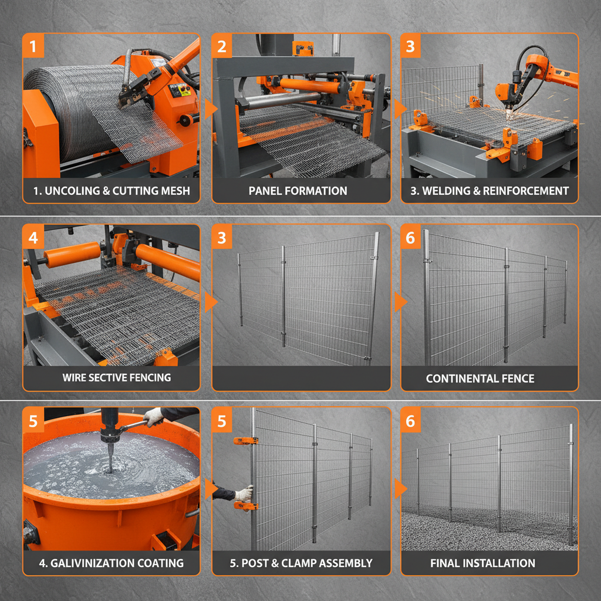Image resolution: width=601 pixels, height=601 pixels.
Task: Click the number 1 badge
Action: tap(33, 46)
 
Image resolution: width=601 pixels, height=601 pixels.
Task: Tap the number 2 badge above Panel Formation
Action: tap(222, 46)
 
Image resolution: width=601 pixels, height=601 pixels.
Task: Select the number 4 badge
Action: tap(33, 237)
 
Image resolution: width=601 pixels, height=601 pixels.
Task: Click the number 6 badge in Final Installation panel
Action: tap(411, 421)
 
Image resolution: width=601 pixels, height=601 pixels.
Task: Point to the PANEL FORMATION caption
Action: tap(298, 191)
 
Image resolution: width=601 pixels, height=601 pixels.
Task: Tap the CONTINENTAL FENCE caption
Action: tap(480, 379)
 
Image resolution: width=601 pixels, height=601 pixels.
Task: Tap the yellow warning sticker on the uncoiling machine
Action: tap(184, 90)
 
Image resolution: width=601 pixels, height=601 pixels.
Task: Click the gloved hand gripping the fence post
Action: tap(242, 492)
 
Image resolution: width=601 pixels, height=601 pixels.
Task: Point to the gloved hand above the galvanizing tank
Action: tap(154, 416)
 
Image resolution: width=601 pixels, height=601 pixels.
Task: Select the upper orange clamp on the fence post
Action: tap(245, 441)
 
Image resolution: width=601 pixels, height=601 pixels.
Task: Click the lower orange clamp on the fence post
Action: tap(245, 505)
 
